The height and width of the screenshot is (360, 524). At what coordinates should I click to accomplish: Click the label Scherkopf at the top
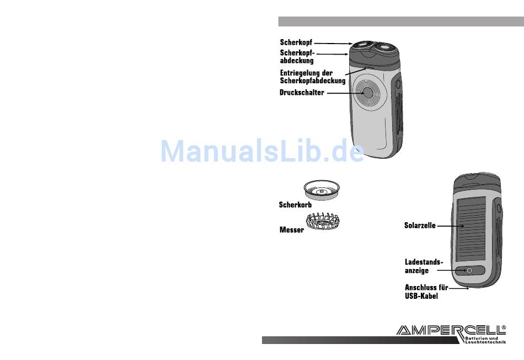[296, 42]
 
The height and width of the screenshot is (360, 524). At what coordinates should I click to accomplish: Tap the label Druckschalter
[302, 93]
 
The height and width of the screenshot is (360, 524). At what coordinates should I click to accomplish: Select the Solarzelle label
[420, 225]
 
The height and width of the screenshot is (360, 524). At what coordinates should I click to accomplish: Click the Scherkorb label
[295, 205]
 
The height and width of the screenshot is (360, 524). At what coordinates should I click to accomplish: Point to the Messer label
[291, 230]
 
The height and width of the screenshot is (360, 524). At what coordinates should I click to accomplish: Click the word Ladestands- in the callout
[424, 262]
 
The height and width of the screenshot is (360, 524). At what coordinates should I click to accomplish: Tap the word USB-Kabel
[421, 296]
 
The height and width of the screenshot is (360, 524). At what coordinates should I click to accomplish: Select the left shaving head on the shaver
[363, 47]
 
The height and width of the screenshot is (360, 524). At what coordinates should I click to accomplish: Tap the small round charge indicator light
[469, 271]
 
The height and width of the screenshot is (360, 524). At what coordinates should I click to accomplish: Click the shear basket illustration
[322, 190]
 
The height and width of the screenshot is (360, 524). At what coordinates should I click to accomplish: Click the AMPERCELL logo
[450, 330]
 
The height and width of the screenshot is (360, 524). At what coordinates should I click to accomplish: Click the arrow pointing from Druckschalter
[342, 93]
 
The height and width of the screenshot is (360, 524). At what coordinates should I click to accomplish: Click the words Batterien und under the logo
[477, 337]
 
